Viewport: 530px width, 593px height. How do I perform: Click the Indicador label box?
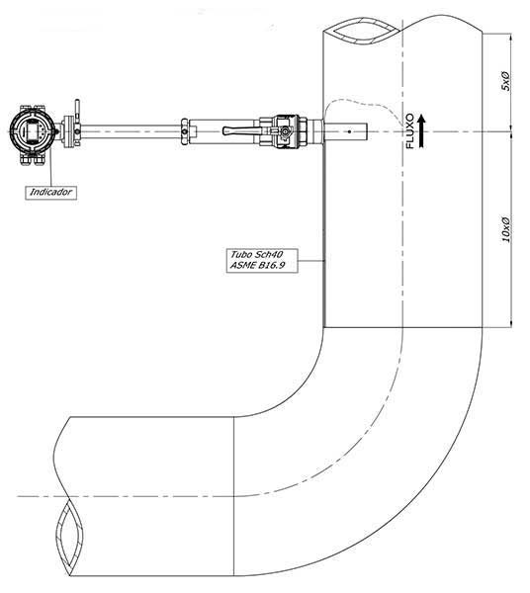coord(51,192)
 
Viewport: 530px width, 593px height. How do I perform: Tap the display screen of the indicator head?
coord(33,130)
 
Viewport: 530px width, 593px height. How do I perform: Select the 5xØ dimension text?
coord(505,81)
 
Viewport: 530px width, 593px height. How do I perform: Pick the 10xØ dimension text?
coord(505,229)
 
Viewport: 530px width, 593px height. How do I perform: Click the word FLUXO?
coord(409,130)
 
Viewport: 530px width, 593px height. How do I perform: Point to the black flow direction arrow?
coord(421,131)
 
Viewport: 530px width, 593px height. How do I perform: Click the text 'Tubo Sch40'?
coord(257,254)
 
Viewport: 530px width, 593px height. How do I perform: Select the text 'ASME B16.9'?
coord(257,265)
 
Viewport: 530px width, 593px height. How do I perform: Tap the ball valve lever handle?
coord(242,130)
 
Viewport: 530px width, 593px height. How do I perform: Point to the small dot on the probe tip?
coord(349,131)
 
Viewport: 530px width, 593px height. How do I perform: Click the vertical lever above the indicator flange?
coord(77,109)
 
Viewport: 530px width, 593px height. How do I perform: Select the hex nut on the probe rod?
coord(184,131)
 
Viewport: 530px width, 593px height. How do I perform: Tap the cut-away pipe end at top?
coord(362,31)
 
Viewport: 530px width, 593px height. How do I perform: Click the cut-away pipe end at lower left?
coord(68,537)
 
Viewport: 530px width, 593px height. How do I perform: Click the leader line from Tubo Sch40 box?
coord(310,261)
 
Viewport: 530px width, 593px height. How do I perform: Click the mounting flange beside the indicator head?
coord(69,130)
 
